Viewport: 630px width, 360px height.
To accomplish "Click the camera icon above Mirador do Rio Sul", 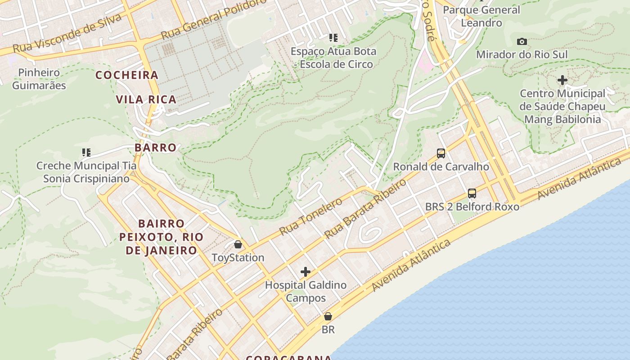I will [522, 42].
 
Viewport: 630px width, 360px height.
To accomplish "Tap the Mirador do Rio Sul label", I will [522, 54].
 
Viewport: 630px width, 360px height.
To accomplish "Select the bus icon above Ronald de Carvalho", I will [441, 153].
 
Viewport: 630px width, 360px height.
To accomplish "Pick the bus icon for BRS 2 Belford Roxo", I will [472, 193].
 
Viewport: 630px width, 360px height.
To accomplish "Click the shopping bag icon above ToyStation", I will [238, 244].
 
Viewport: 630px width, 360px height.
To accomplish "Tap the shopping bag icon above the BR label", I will [328, 316].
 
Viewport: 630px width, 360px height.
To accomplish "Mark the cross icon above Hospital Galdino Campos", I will [306, 272].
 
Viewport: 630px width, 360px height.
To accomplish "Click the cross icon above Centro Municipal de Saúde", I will [562, 81].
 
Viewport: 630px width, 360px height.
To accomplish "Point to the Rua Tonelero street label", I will [310, 216].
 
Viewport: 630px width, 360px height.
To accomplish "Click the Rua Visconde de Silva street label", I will [67, 33].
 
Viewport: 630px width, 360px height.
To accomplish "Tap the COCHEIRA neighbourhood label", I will [127, 75].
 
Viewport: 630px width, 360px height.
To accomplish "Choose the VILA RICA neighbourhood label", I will [146, 99].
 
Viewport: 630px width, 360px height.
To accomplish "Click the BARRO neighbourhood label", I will [155, 148].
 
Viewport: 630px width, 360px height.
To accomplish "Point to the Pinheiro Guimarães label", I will [39, 79].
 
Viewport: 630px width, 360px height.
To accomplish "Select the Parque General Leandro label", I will [481, 16].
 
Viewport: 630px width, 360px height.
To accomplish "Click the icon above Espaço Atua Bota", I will [333, 38].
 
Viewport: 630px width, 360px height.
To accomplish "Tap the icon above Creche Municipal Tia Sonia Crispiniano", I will [86, 153].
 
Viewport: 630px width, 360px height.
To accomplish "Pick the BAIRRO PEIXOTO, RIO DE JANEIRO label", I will [161, 237].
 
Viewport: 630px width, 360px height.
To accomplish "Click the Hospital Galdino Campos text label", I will [306, 291].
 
